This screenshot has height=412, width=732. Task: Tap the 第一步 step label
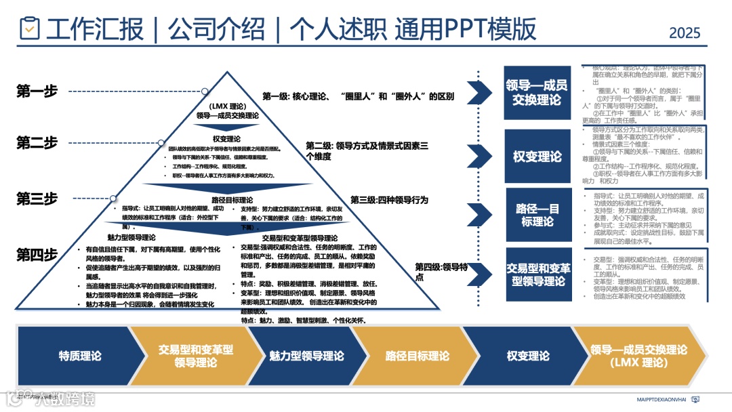click(x=37, y=91)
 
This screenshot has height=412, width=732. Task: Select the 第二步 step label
click(x=37, y=142)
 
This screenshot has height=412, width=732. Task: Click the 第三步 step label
click(x=37, y=199)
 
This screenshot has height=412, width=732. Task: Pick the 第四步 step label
click(x=37, y=255)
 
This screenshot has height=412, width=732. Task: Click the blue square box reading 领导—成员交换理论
click(x=537, y=93)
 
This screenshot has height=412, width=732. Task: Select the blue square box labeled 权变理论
click(x=537, y=157)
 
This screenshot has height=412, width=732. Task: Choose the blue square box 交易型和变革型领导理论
click(x=537, y=274)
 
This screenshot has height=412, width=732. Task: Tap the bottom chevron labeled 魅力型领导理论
click(x=306, y=356)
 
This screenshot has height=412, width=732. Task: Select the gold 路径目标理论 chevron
click(x=417, y=356)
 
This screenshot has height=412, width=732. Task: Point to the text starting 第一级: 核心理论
click(x=358, y=96)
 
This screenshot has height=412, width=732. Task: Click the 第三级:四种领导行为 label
click(x=389, y=200)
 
